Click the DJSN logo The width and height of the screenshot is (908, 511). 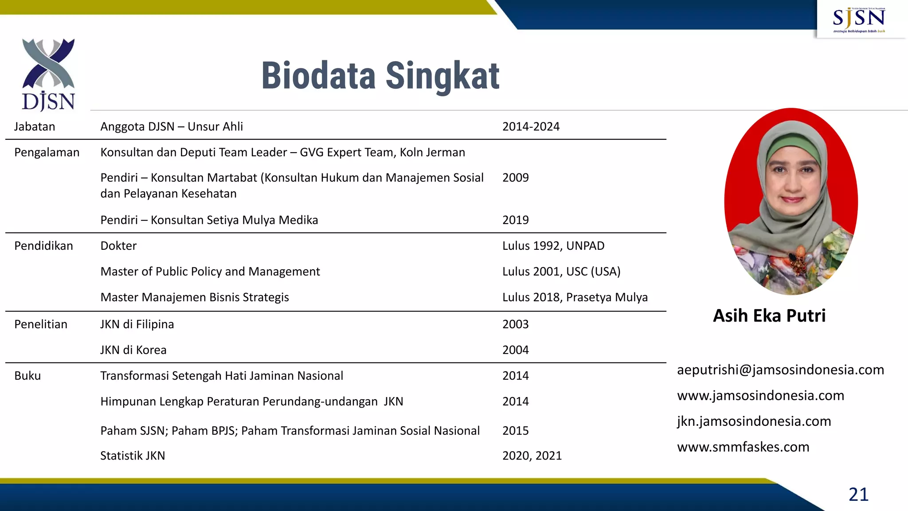click(x=48, y=75)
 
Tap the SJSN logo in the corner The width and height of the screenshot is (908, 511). click(x=859, y=20)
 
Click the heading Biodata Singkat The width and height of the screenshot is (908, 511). click(x=380, y=76)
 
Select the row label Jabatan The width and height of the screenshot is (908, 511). click(x=35, y=127)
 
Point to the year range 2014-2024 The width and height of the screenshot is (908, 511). click(x=531, y=127)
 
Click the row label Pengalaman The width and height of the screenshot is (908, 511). click(x=47, y=153)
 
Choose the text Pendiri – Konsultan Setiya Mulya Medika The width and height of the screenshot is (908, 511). click(x=209, y=220)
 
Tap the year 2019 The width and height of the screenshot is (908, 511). click(x=515, y=220)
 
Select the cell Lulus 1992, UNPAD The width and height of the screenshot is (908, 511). click(x=553, y=246)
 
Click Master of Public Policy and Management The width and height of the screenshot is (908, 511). click(x=210, y=271)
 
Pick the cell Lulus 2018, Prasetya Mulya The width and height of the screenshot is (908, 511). click(x=575, y=297)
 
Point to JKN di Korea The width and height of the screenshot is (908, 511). click(x=133, y=350)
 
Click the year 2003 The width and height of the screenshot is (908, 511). click(x=515, y=324)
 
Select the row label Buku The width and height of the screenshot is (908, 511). click(x=27, y=376)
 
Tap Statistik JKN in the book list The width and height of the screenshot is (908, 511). click(x=132, y=456)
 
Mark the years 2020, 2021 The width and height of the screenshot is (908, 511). click(x=532, y=456)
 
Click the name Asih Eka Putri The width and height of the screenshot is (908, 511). click(x=769, y=316)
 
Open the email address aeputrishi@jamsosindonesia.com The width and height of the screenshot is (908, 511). click(x=780, y=370)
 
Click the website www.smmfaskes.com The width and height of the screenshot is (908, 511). click(x=743, y=447)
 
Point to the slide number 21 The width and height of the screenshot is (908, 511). click(x=858, y=494)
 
